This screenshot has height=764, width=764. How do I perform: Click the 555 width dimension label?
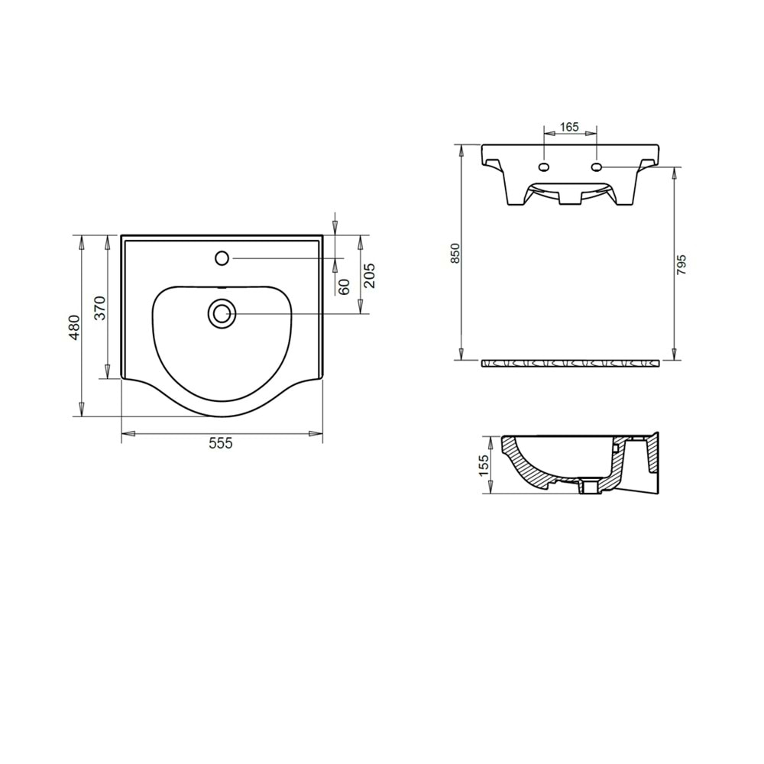click(x=221, y=443)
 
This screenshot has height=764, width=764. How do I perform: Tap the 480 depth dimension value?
click(x=74, y=326)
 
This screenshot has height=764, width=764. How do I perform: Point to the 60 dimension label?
click(x=345, y=286)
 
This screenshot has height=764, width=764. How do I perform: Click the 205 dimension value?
click(x=370, y=275)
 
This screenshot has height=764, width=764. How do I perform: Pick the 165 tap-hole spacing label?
click(x=569, y=127)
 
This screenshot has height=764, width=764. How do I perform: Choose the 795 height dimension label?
click(x=682, y=264)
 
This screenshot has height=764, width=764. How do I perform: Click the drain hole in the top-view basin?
click(x=222, y=312)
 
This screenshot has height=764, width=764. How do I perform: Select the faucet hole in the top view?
click(x=222, y=258)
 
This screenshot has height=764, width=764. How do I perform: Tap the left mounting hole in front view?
click(x=544, y=167)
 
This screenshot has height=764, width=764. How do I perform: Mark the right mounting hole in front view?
click(x=595, y=167)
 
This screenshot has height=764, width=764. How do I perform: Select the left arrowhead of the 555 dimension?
click(x=128, y=434)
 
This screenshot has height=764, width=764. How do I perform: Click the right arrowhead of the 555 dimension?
click(x=316, y=434)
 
